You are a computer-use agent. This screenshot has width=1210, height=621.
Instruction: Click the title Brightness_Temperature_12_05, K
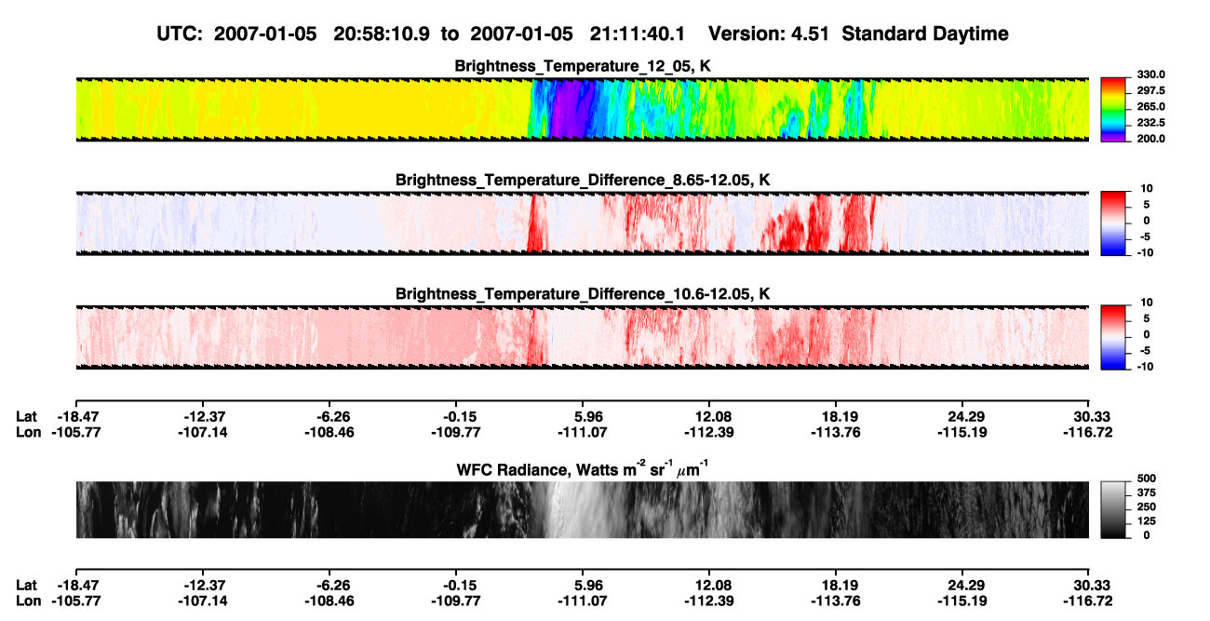click(x=583, y=66)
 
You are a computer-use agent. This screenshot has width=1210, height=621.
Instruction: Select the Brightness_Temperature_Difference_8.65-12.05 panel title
click(x=583, y=180)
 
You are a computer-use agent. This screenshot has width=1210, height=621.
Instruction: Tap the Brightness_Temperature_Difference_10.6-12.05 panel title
click(x=583, y=294)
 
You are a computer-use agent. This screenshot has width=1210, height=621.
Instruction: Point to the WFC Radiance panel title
click(x=583, y=469)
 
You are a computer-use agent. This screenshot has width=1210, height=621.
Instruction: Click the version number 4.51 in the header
click(x=810, y=34)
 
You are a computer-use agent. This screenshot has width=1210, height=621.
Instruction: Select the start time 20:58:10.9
click(x=382, y=34)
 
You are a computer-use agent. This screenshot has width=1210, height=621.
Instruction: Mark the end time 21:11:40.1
click(x=638, y=34)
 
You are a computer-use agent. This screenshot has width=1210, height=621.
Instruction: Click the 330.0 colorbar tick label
click(x=1150, y=74)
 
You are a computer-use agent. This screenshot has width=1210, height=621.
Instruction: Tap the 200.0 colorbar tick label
click(x=1150, y=139)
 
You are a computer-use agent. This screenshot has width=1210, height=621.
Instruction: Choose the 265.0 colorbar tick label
click(x=1150, y=106)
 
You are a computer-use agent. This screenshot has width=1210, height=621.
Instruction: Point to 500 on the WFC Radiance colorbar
click(x=1147, y=479)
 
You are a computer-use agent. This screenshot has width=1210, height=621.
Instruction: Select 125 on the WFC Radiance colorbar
click(x=1147, y=521)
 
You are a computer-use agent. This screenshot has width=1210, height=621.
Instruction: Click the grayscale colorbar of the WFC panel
click(x=1113, y=509)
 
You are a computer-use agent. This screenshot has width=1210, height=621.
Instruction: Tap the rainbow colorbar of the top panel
click(x=1113, y=110)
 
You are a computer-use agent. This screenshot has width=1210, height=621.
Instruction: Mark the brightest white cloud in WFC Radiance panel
click(x=570, y=508)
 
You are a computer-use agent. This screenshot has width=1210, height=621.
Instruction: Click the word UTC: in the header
click(x=180, y=34)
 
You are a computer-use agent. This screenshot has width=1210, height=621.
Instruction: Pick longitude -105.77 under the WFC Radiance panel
click(x=76, y=601)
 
